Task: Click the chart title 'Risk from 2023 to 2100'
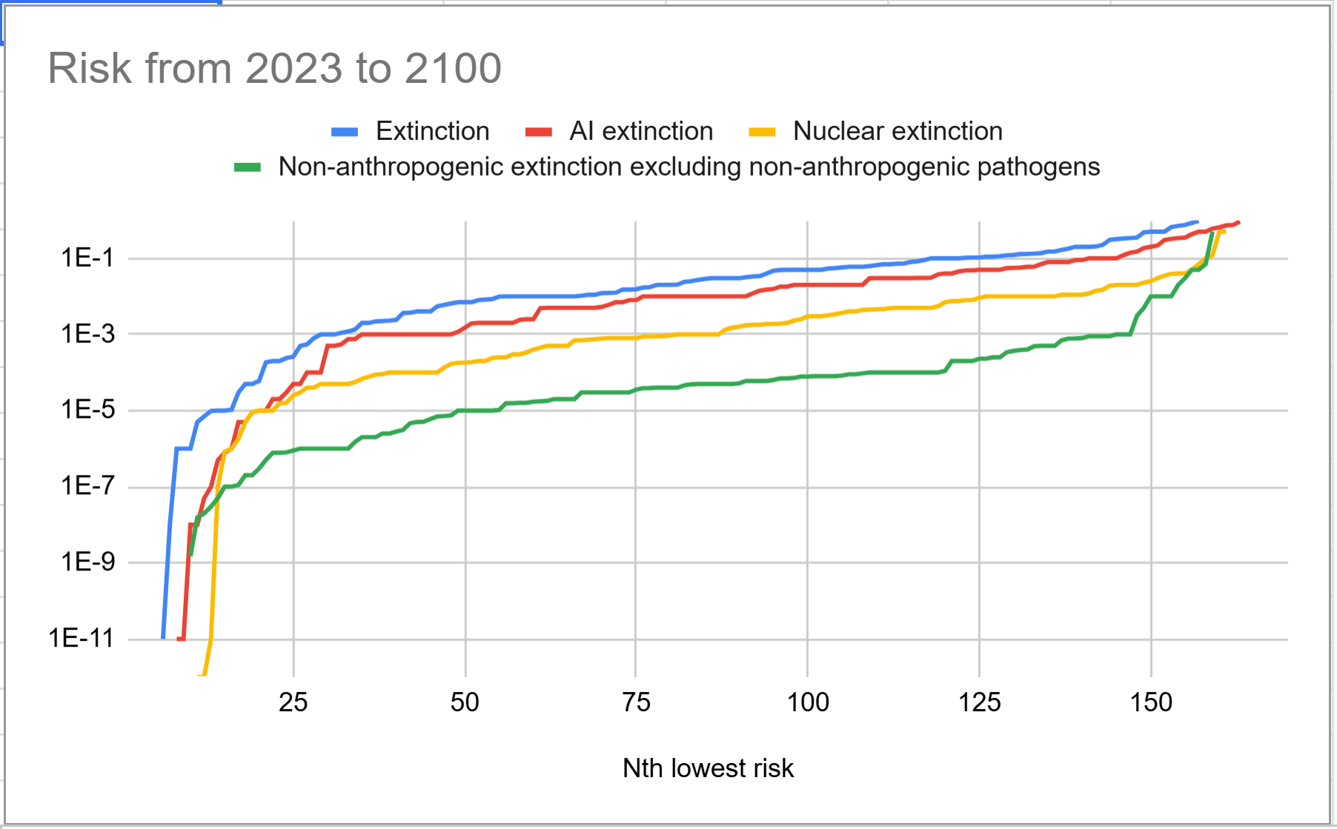tap(275, 68)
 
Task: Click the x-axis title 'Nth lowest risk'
tap(708, 768)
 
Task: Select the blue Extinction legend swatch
tap(345, 132)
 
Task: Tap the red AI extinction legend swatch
tap(539, 132)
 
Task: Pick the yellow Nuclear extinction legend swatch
tap(762, 132)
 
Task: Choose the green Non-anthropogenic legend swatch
tap(248, 167)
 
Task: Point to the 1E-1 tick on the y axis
tap(88, 258)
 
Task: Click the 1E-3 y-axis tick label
tap(88, 334)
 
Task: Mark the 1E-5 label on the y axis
tap(88, 410)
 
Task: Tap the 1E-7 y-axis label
tap(88, 486)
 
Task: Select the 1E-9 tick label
tap(88, 562)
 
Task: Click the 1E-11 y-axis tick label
tap(82, 638)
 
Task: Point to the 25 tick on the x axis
tap(293, 702)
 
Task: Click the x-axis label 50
tap(465, 702)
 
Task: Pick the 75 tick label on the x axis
tap(636, 702)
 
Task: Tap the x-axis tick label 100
tap(808, 702)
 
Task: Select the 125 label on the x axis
tap(979, 702)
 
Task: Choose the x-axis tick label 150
tap(1151, 702)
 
